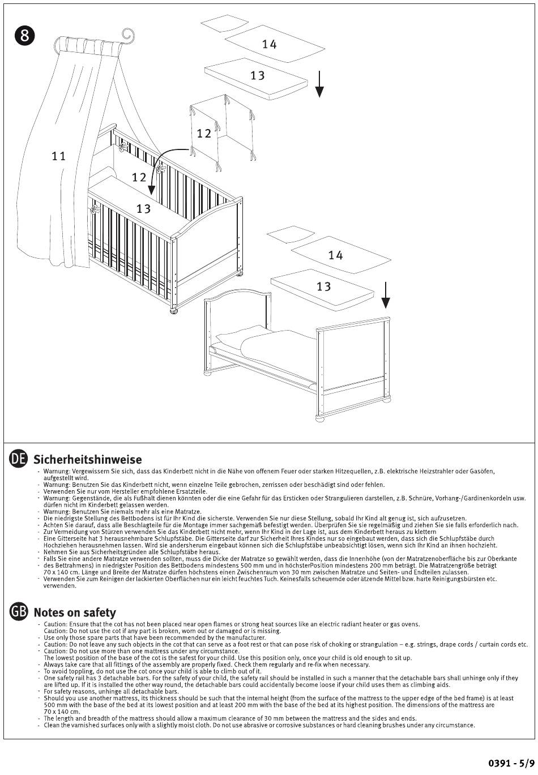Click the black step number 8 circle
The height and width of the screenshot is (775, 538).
(25, 36)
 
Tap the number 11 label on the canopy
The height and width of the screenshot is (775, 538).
(59, 156)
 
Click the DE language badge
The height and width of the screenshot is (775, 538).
(19, 459)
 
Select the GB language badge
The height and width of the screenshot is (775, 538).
(19, 611)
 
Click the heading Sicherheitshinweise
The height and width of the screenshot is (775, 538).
(88, 459)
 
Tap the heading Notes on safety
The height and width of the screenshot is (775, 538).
(75, 612)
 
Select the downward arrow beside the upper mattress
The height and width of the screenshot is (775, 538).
(319, 84)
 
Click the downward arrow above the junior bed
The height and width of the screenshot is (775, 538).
(386, 294)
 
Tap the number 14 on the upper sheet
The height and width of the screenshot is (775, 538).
(269, 44)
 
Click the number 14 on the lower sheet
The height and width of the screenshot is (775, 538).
(335, 255)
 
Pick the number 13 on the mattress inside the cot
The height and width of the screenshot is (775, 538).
(143, 209)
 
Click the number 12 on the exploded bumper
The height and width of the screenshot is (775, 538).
(204, 134)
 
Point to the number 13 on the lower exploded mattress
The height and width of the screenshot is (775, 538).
(323, 286)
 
